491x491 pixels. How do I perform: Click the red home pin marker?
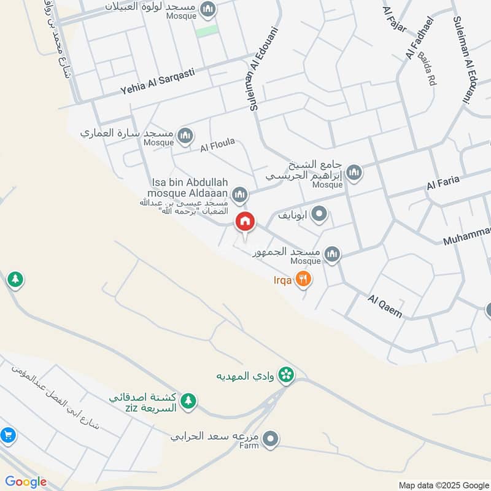(245, 222)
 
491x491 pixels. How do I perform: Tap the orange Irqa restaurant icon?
(303, 280)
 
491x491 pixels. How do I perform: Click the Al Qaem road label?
(385, 306)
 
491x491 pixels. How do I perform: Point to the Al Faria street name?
(443, 182)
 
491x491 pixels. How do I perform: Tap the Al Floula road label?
(217, 145)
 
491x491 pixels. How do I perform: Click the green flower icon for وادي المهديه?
(285, 374)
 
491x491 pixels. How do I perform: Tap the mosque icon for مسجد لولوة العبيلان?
(208, 9)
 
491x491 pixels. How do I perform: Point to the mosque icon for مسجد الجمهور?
(332, 253)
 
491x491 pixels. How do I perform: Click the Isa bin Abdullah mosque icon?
(240, 195)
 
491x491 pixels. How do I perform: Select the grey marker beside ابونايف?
(319, 214)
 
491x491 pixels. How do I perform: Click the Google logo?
(26, 482)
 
